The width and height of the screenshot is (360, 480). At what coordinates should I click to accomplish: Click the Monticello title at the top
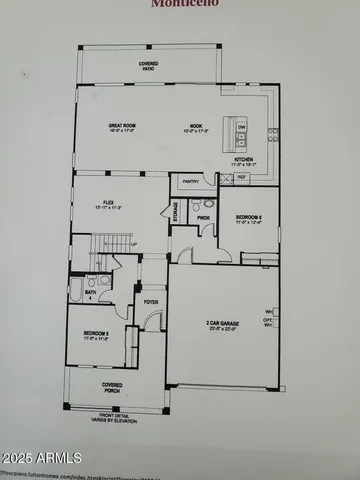coord(180,4)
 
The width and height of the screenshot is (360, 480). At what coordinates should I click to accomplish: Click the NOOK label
coord(196,128)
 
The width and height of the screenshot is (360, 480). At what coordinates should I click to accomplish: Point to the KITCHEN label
coord(245,160)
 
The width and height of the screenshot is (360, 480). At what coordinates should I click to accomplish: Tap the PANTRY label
coord(192,181)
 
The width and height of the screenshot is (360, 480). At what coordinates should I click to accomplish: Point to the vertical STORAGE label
coord(175,212)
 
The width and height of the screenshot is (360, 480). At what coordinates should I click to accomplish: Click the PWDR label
coord(203,216)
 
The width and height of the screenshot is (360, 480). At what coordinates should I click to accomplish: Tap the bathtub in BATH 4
coord(77,291)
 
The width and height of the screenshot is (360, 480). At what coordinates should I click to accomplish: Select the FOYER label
coord(151,300)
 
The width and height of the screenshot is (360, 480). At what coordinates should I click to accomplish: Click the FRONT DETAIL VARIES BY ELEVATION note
coord(125,418)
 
